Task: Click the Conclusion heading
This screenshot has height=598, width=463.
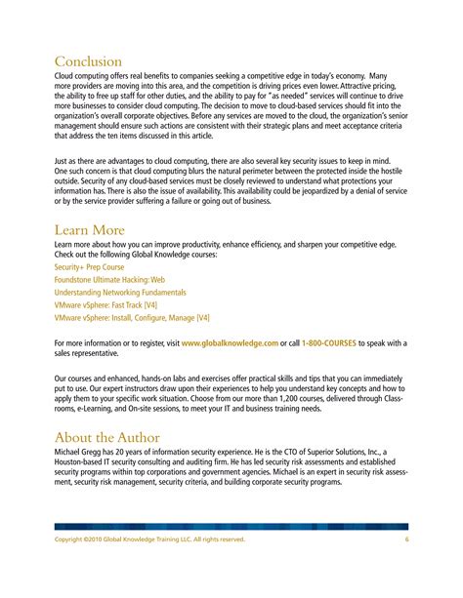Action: click(x=88, y=61)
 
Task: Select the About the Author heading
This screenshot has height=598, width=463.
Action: click(x=106, y=437)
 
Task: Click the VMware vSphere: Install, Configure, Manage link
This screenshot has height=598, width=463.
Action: click(x=132, y=317)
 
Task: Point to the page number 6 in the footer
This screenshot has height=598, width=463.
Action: click(x=405, y=539)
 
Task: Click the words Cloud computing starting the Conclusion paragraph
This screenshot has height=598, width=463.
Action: click(x=83, y=75)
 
